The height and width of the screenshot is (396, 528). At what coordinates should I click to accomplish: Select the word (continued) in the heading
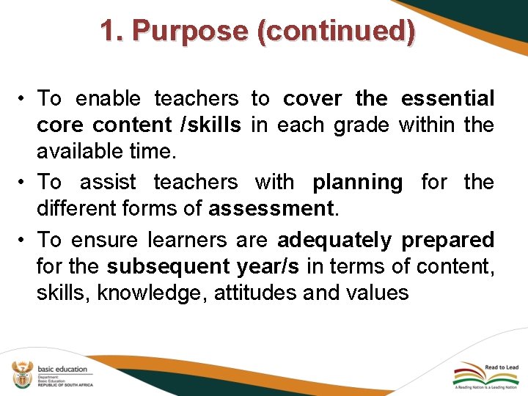click(x=336, y=31)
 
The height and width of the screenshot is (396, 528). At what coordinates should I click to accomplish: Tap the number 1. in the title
click(x=112, y=31)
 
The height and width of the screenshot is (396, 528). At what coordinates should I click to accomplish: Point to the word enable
click(x=109, y=98)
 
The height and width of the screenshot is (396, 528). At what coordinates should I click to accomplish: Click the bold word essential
click(x=447, y=98)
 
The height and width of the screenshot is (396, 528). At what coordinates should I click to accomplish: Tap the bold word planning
click(x=357, y=181)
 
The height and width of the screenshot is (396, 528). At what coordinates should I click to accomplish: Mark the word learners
click(x=188, y=239)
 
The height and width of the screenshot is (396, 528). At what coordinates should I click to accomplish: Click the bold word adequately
click(x=334, y=239)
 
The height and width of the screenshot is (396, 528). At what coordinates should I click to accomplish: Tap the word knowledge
click(x=152, y=293)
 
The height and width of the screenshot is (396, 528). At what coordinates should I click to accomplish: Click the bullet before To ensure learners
click(x=25, y=239)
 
